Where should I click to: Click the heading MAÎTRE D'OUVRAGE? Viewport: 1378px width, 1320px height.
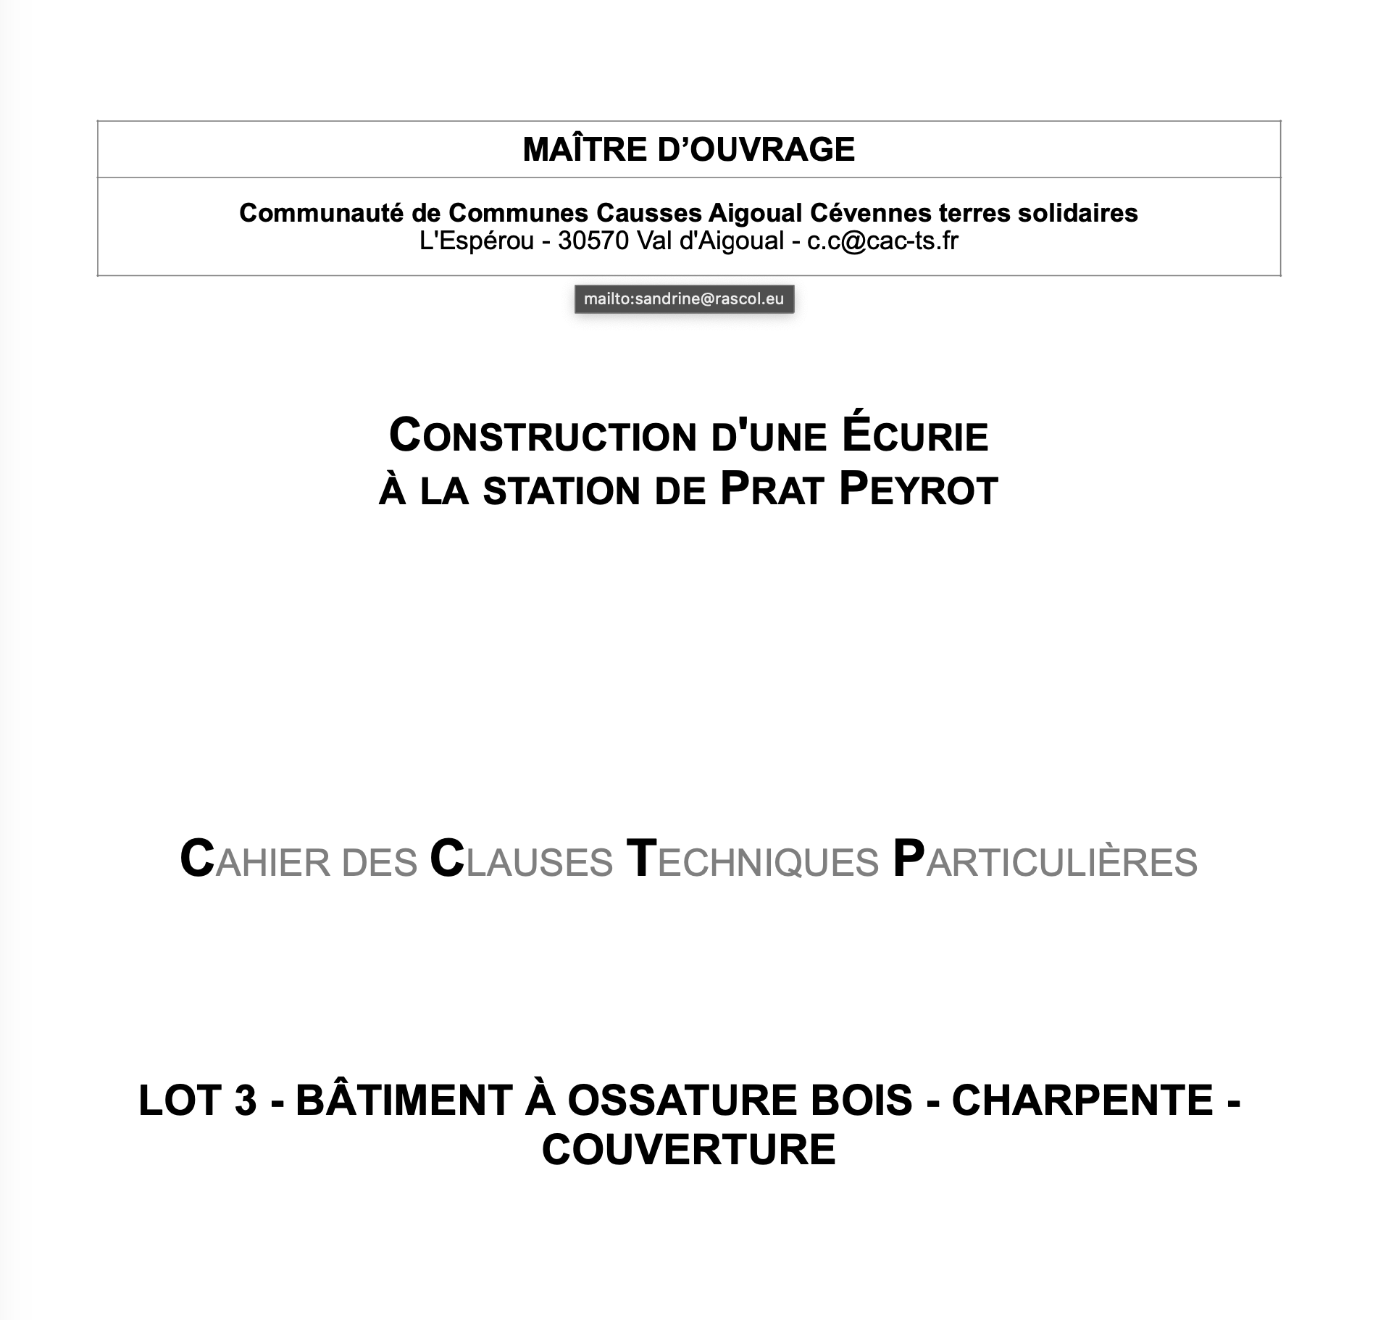click(x=688, y=149)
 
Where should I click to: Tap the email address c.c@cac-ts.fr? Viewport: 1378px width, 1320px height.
click(x=882, y=241)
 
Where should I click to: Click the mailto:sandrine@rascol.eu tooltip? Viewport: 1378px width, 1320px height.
click(x=684, y=299)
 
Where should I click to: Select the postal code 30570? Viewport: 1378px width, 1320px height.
click(x=593, y=241)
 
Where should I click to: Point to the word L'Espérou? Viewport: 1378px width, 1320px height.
click(x=476, y=241)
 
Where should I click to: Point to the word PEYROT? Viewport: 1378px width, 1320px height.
click(x=918, y=490)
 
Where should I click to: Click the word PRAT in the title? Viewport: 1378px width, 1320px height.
click(x=772, y=490)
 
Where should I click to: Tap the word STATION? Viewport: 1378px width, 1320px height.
click(x=561, y=490)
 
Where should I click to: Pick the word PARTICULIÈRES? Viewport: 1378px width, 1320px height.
click(x=1045, y=861)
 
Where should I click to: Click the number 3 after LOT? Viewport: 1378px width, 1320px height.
click(x=246, y=1100)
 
